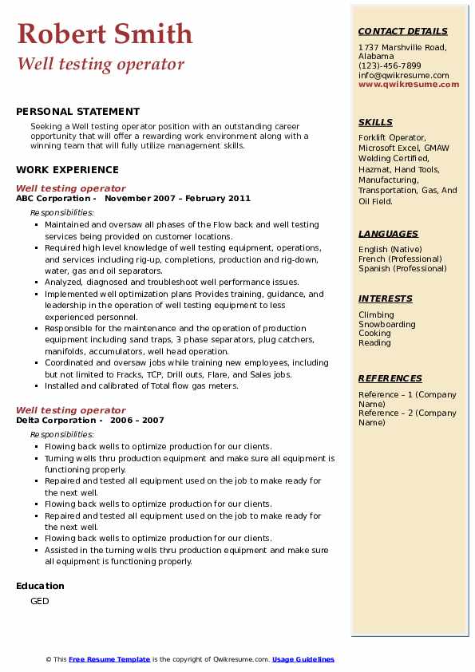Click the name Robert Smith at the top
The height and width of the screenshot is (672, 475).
click(x=105, y=34)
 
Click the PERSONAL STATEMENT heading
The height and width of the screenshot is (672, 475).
click(x=77, y=112)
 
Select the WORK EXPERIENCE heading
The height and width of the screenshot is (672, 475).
click(x=67, y=170)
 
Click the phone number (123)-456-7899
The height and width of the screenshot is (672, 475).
click(x=390, y=66)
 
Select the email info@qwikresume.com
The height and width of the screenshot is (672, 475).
click(x=403, y=75)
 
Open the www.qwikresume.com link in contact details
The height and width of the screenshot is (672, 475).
click(x=409, y=85)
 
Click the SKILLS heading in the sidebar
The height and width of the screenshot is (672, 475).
click(x=375, y=123)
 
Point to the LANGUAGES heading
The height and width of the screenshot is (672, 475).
click(x=388, y=235)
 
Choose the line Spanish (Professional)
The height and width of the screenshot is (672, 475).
click(x=402, y=269)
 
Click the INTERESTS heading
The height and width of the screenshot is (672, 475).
click(x=386, y=299)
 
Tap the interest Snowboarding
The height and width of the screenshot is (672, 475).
click(x=387, y=325)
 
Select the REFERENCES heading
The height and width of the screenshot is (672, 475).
click(x=390, y=379)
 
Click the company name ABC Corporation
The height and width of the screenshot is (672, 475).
click(x=53, y=199)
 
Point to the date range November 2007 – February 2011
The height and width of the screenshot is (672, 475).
click(x=177, y=199)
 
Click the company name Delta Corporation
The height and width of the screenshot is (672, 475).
click(x=57, y=421)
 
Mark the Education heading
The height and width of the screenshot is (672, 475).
click(x=40, y=586)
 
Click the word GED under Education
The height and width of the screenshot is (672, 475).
click(x=39, y=601)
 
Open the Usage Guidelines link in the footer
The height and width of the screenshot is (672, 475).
click(x=303, y=659)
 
